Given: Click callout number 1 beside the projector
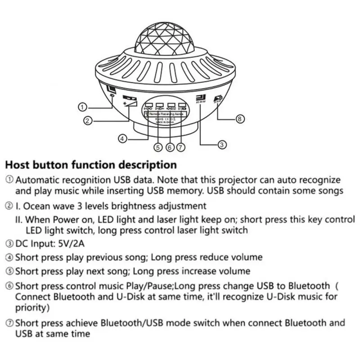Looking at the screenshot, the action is coord(82,107).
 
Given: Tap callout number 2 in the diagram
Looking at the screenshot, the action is coord(89,120).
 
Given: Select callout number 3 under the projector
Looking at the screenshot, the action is coord(222,144).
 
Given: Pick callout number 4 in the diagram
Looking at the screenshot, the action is coord(124,138).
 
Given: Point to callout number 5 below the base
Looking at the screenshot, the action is coord(157,147).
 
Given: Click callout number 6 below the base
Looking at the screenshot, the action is coord(170,147).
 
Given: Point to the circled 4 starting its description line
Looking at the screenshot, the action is coord(9,258).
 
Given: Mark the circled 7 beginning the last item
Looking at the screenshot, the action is coord(9,323).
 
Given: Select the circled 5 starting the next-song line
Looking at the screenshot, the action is coord(9,272).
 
